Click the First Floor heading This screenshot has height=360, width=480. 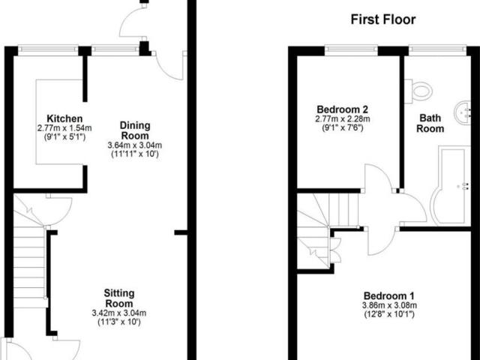click(383, 19)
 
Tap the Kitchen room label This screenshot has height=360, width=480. click(64, 118)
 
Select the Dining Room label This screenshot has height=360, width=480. click(135, 130)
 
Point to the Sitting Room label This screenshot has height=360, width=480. click(119, 298)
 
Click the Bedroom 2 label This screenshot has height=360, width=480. click(342, 109)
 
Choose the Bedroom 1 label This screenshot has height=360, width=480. click(389, 296)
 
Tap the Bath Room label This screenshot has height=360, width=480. click(430, 123)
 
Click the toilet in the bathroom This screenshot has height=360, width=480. click(418, 91)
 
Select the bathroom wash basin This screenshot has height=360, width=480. click(463, 112)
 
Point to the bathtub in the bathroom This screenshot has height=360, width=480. click(450, 185)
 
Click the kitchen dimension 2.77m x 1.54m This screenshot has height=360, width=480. click(64, 128)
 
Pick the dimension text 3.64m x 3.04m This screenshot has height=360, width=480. click(135, 145)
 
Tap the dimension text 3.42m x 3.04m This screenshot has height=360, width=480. click(119, 313)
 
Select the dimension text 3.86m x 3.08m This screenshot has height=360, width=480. click(389, 305)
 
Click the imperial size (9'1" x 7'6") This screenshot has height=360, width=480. click(343, 127)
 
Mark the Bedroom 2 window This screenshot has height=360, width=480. click(351, 50)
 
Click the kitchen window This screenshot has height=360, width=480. click(48, 50)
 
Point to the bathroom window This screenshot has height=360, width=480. click(437, 50)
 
